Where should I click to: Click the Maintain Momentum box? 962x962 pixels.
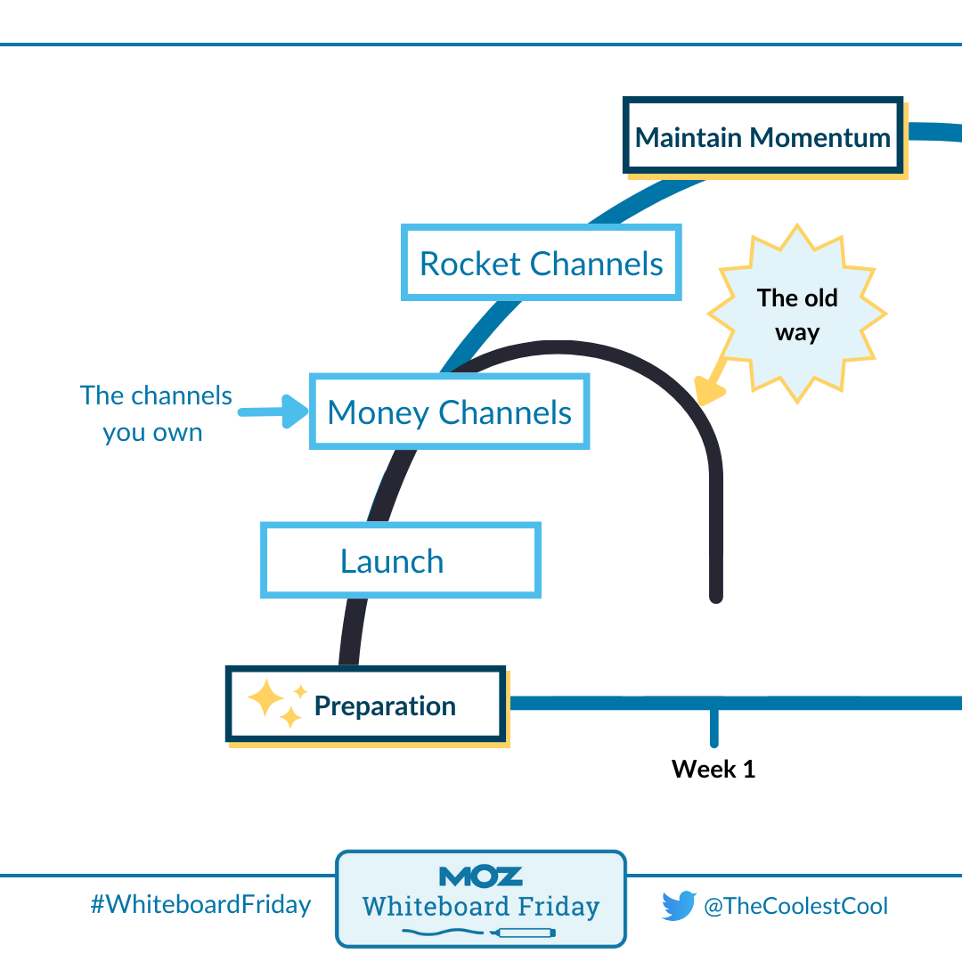coord(763,136)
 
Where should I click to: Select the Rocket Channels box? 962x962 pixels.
coord(542,263)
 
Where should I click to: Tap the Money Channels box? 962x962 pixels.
coord(449,412)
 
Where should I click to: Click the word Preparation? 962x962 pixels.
coord(385,706)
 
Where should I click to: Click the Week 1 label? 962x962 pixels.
coord(713,769)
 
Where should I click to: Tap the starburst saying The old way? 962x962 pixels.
coord(797,314)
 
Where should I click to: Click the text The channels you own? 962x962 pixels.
coord(155,414)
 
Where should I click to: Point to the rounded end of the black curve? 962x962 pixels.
coord(715,595)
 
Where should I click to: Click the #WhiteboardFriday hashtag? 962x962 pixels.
coord(200,905)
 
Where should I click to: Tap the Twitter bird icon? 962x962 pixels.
coord(679,906)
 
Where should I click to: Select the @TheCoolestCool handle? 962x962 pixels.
coord(795,907)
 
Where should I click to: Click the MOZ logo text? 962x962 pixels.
coord(481,876)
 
